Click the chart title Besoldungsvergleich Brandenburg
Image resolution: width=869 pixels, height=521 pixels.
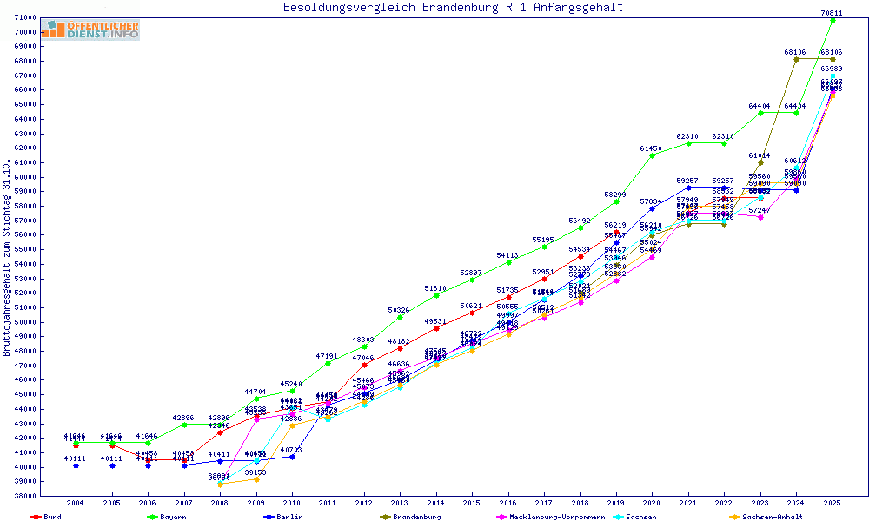point(453,8)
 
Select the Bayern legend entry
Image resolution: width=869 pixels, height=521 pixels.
point(172,517)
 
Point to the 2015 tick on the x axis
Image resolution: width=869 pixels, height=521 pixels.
point(472,503)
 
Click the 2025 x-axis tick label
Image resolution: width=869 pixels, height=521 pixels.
point(832,503)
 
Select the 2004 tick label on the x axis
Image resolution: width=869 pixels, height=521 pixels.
point(76,503)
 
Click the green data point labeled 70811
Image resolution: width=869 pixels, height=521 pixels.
point(833,20)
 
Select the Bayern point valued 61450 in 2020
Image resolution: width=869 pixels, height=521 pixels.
point(652,155)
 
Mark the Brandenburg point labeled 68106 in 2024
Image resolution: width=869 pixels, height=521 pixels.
point(796,59)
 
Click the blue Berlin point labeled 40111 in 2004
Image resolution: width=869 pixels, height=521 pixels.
point(76,465)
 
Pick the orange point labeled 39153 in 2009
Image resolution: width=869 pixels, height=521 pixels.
point(256,479)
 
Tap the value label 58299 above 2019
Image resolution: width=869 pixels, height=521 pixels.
point(615,195)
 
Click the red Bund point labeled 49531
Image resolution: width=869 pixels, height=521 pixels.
point(436,328)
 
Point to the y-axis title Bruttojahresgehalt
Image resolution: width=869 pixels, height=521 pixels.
point(7,258)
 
